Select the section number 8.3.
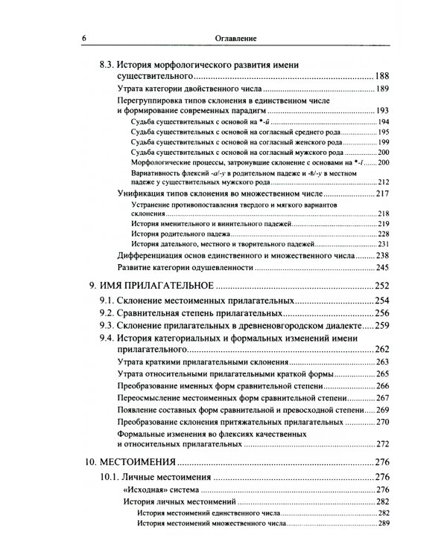click(x=110, y=65)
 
